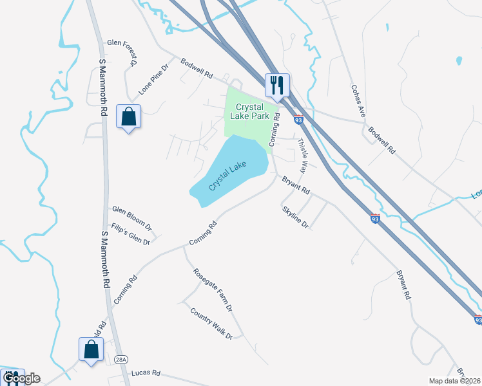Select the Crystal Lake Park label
pyautogui.click(x=252, y=111)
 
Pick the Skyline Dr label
pyautogui.click(x=295, y=217)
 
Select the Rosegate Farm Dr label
pyautogui.click(x=213, y=288)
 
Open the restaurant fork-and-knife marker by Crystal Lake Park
pyautogui.click(x=278, y=85)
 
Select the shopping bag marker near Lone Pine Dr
pyautogui.click(x=128, y=116)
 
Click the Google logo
pyautogui.click(x=21, y=378)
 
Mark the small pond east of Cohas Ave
pyautogui.click(x=458, y=61)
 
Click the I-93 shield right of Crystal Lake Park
pyautogui.click(x=298, y=120)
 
